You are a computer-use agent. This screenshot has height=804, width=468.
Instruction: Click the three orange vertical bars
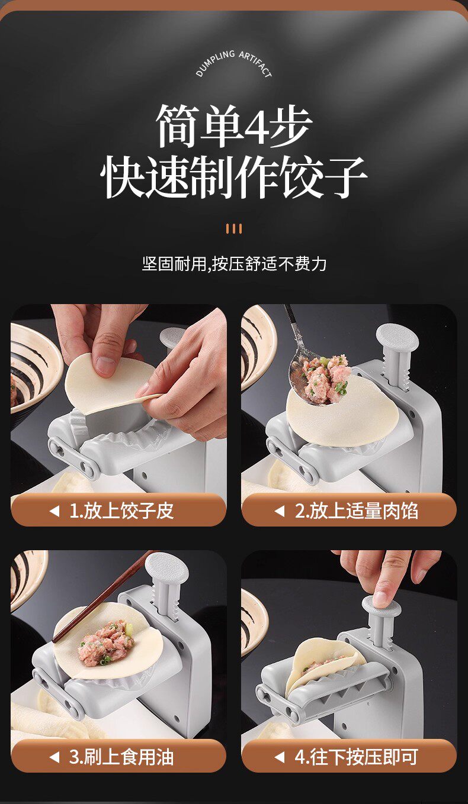pyautogui.click(x=233, y=228)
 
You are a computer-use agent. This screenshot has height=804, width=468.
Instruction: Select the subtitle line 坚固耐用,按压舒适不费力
pyautogui.click(x=234, y=264)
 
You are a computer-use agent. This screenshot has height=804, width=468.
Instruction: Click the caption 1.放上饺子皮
pyautogui.click(x=121, y=511)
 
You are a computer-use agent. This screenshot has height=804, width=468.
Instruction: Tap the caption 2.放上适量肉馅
pyautogui.click(x=357, y=511)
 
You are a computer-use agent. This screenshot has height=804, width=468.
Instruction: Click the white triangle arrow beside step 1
pyautogui.click(x=55, y=511)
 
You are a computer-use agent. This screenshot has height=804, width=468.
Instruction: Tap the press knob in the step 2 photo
pyautogui.click(x=397, y=337)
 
